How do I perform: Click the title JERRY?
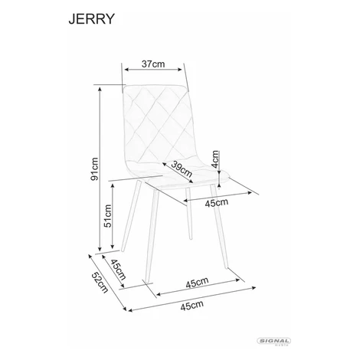pos(92,19)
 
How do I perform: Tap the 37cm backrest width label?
pos(153,64)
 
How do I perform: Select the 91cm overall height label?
pos(94,169)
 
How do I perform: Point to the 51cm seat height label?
pos(108,216)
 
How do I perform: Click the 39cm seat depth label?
pos(182,169)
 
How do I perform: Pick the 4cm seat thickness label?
pos(216,159)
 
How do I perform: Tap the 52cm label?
pos(100,283)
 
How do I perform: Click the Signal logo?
pos(274,341)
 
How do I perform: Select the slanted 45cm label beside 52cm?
pos(118,270)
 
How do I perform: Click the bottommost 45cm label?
pos(192,306)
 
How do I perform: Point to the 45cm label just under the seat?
pos(217,203)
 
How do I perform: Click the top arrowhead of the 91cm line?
pos(100,89)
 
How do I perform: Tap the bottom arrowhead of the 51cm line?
pos(112,247)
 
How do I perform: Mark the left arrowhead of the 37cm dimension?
pos(126,70)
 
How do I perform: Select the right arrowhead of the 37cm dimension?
pos(181,70)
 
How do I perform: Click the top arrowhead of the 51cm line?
pos(112,185)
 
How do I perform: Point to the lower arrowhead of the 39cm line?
pos(191,182)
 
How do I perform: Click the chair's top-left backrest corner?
pos(124,87)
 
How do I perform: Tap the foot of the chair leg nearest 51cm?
pos(123,250)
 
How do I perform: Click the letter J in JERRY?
pos(72,19)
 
